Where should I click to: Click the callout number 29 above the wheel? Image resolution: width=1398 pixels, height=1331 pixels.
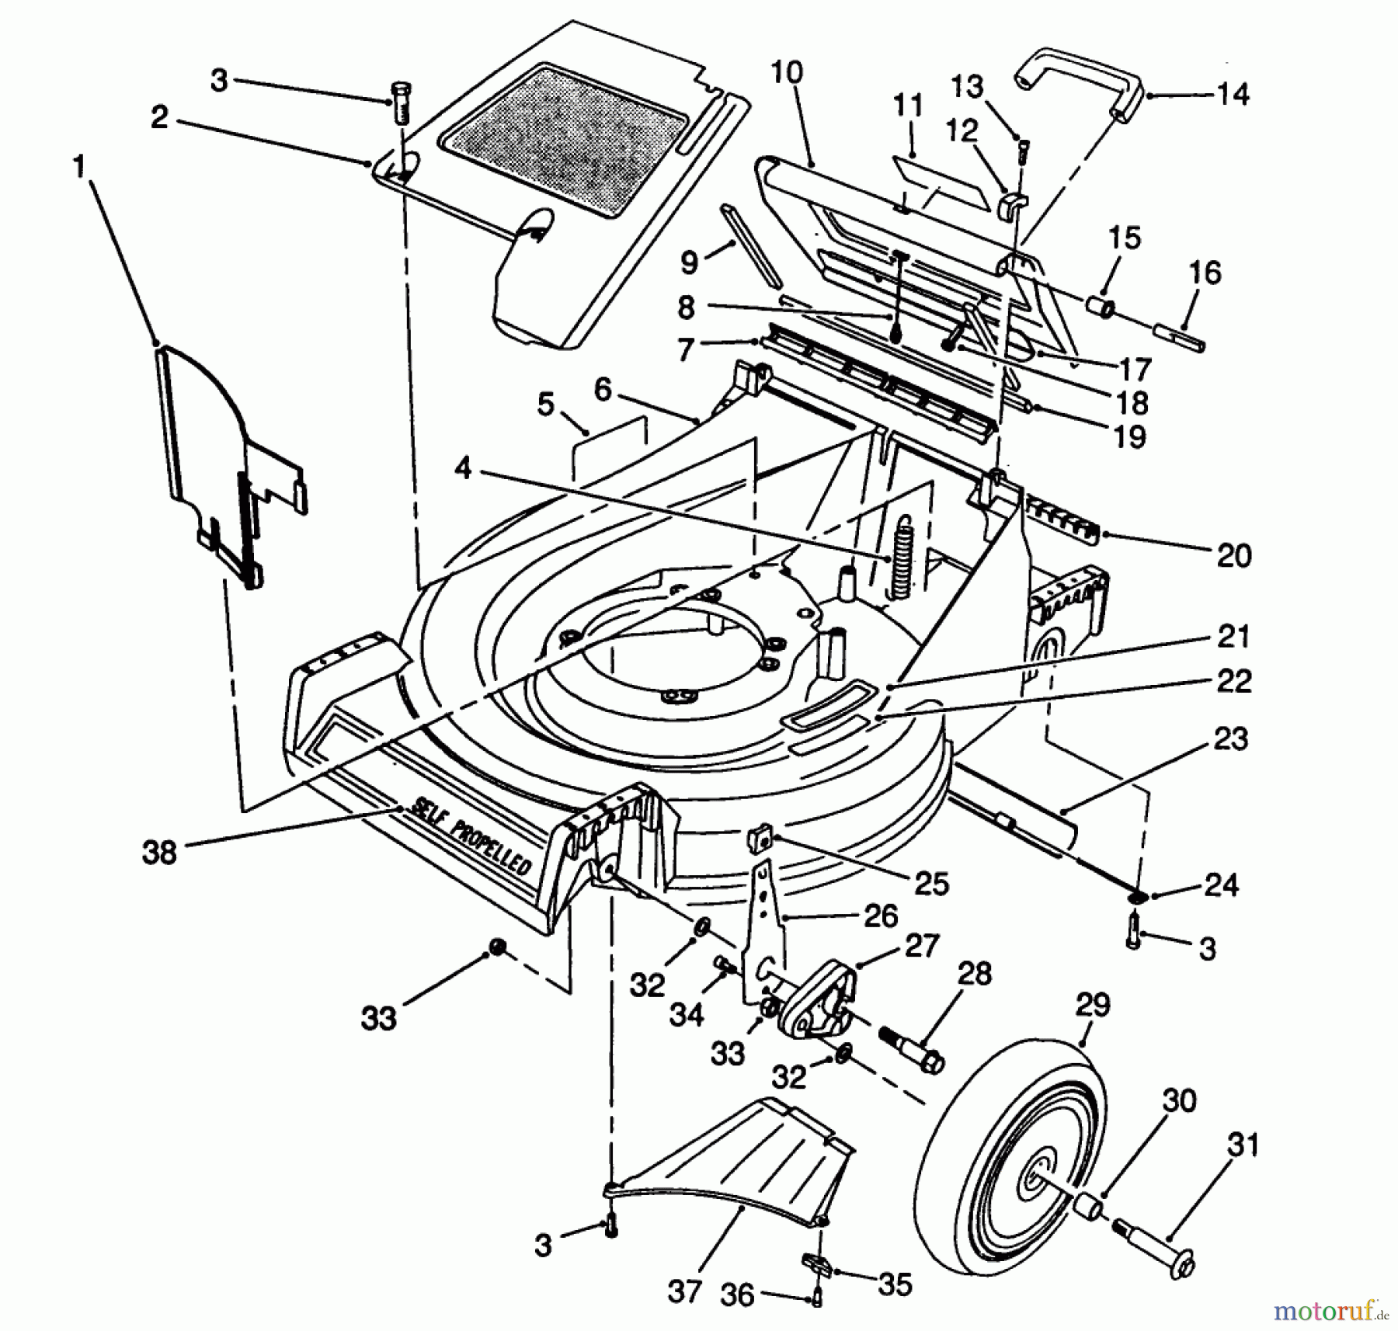[1093, 1006]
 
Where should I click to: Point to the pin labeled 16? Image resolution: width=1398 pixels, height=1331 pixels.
[1179, 336]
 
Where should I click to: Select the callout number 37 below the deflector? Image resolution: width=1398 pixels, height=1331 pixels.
[683, 1292]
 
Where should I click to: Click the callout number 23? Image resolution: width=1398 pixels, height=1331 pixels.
[1231, 738]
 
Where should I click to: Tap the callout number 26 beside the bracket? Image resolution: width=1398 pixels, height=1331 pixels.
[881, 916]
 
